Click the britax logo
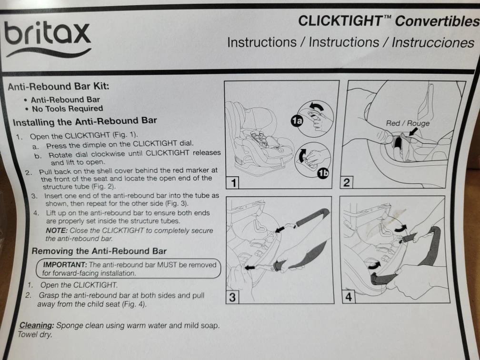coord(48,39)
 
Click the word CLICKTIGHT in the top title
coord(340,21)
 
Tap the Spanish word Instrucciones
coord(433,42)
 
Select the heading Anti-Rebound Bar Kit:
coord(59,87)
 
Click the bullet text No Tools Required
coord(67,109)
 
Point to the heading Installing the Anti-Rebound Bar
coord(85,121)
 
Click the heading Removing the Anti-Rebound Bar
coord(99,251)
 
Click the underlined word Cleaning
coord(37,325)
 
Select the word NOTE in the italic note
coord(57,230)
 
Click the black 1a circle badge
coord(297,121)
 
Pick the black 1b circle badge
coord(323,173)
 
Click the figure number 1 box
coord(233,183)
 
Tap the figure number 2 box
coord(347,182)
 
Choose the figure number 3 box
coord(232,297)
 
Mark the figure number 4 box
coord(349,297)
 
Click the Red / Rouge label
coord(408,123)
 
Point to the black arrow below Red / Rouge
coord(413,131)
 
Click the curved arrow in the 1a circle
coord(316,107)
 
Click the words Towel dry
coord(35,335)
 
